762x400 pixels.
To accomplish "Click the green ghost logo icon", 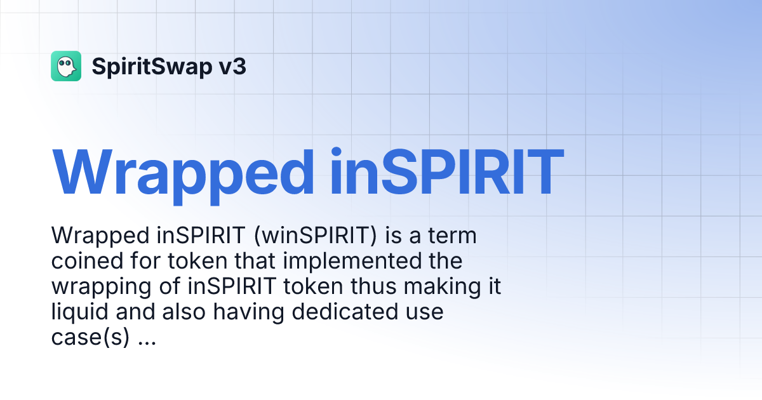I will (66, 66).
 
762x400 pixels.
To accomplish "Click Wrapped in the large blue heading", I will (184, 173).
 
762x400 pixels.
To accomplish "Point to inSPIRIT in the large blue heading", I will (447, 173).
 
